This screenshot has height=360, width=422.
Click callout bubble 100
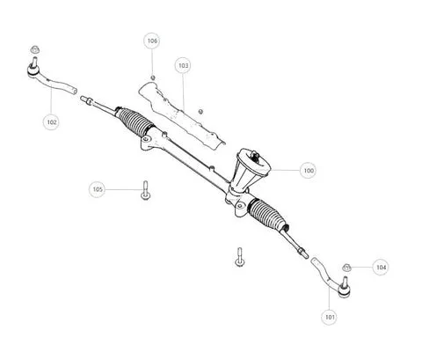pos(308,170)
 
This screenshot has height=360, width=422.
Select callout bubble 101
pos(329,317)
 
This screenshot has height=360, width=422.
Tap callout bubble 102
pos(51,122)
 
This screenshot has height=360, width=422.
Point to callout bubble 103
pos(183,65)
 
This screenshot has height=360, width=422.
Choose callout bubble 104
pos(381,268)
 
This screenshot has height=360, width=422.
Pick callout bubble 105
pos(98,189)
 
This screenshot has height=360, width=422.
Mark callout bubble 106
pos(152,40)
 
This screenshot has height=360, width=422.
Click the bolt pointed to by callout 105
pos(145,190)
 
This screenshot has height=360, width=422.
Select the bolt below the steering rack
pos(239,257)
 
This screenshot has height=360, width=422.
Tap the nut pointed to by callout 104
pos(347,268)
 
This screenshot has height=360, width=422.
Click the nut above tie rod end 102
pos(35,49)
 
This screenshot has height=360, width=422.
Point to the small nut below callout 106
pos(152,77)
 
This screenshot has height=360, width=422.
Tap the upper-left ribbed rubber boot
pos(135,121)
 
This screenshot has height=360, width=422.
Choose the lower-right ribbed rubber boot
pos(268,214)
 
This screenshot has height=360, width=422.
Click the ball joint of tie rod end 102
pos(33,70)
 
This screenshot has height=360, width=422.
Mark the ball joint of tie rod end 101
pos(344,289)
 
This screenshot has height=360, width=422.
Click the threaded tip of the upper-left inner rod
pos(85,99)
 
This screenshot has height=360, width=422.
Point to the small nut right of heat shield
pos(200,112)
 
